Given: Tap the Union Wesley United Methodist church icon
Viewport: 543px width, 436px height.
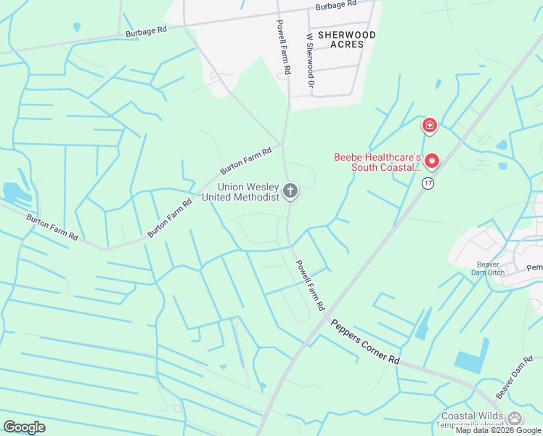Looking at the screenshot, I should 290,191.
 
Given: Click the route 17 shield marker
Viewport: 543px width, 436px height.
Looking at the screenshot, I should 429,183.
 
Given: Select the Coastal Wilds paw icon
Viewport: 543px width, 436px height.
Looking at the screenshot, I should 515,419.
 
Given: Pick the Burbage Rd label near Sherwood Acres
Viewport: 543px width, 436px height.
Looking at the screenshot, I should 336,4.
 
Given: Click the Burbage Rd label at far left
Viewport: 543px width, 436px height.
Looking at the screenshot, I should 146,31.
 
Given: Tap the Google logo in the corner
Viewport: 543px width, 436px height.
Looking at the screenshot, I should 24,427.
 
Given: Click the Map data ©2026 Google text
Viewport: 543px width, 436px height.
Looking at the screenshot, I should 498,430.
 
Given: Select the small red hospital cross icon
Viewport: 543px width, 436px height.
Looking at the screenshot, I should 430,126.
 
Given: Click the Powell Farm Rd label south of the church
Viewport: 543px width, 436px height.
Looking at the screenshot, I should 308,286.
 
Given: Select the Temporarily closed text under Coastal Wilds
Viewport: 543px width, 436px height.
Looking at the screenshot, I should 472,427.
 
